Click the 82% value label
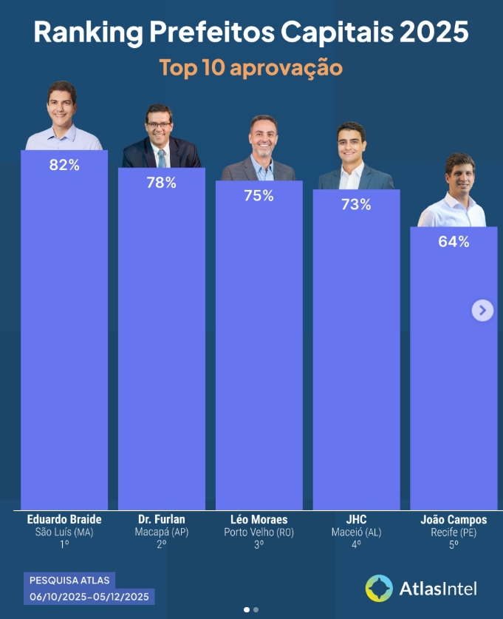click(64, 166)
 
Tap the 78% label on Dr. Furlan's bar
click(161, 183)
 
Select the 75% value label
click(259, 196)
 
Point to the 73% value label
click(356, 205)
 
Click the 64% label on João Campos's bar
click(454, 242)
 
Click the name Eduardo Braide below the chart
click(64, 519)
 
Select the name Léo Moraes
click(259, 519)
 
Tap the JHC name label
click(356, 519)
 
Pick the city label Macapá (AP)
click(161, 532)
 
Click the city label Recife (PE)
click(454, 532)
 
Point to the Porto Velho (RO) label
click(259, 532)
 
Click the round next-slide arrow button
click(482, 311)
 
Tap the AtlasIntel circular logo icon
click(379, 588)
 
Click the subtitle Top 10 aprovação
click(251, 67)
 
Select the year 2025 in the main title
click(434, 33)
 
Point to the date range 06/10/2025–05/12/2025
click(89, 596)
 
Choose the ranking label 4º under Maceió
click(356, 544)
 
